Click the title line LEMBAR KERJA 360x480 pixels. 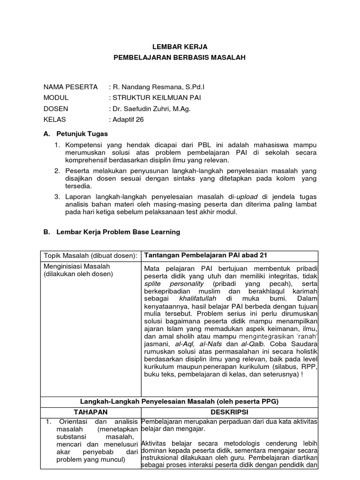click(180, 47)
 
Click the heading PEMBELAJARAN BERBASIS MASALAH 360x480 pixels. click(180, 58)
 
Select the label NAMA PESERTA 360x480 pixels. click(70, 87)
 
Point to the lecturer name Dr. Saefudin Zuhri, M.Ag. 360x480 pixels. click(149, 108)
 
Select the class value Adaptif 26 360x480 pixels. click(127, 119)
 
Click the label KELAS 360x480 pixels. click(55, 119)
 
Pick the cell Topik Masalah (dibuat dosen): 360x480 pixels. click(91, 255)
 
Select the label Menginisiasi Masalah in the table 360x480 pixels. click(77, 266)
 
